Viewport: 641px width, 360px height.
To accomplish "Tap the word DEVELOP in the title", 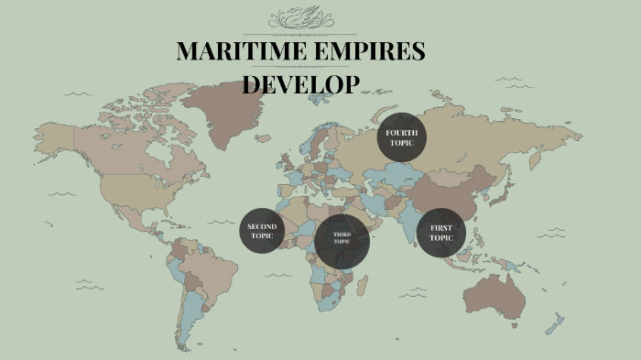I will point(300,84).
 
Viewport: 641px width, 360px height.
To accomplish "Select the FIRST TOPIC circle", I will point(441,234).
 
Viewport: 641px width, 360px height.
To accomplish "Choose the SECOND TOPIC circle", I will point(263,231).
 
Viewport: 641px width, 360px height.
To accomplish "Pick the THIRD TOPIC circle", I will point(342,241).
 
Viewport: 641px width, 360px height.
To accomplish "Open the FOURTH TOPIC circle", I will point(401,138).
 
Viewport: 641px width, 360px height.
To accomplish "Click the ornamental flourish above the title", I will point(301,19).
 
